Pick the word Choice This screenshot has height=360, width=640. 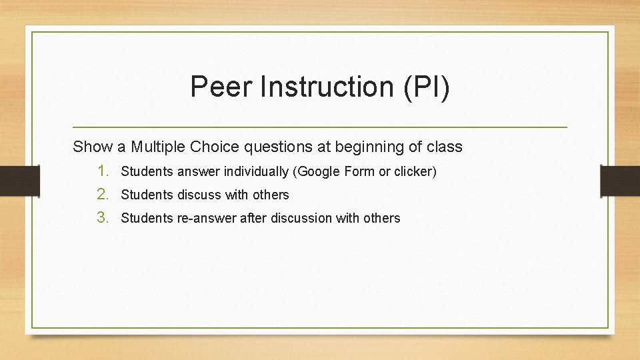pyautogui.click(x=214, y=147)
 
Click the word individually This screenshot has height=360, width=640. pyautogui.click(x=257, y=172)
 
